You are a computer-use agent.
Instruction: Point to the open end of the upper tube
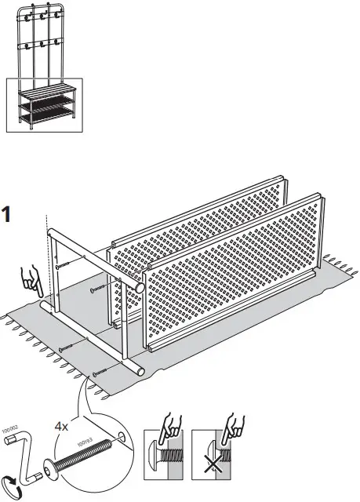click(x=140, y=287)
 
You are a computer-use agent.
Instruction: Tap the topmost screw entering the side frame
click(x=61, y=266)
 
